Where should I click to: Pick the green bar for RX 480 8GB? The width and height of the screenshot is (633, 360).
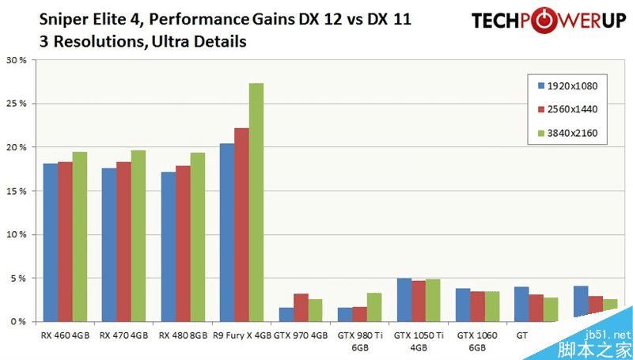click(x=197, y=237)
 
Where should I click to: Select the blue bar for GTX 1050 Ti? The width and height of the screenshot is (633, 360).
click(x=404, y=300)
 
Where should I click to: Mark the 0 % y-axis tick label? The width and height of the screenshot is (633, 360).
click(x=17, y=322)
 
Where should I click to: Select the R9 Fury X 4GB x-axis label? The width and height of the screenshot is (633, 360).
click(x=242, y=335)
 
